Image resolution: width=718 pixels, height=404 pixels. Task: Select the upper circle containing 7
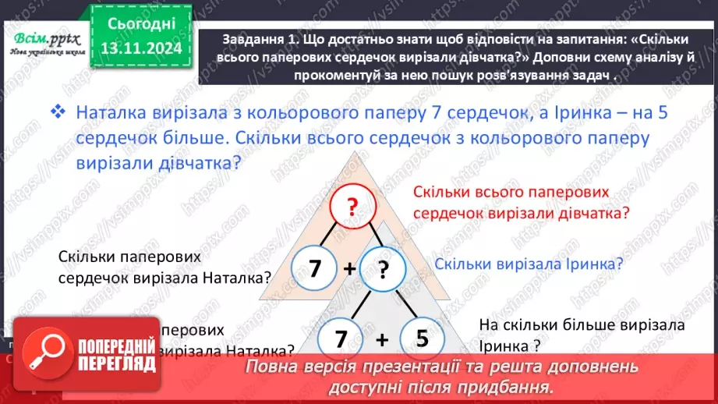point(315,268)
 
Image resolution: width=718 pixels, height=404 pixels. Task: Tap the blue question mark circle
point(382,268)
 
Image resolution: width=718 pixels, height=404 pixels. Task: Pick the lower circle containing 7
point(340,339)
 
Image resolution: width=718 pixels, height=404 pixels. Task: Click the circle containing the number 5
point(423,339)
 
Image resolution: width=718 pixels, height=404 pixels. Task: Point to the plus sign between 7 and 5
point(382,340)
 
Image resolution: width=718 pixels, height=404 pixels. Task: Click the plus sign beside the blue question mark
point(349,269)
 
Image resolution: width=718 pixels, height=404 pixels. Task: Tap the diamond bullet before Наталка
point(58,112)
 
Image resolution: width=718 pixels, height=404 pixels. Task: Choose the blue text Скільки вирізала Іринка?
point(529,264)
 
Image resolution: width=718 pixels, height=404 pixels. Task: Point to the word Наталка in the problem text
point(110,112)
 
